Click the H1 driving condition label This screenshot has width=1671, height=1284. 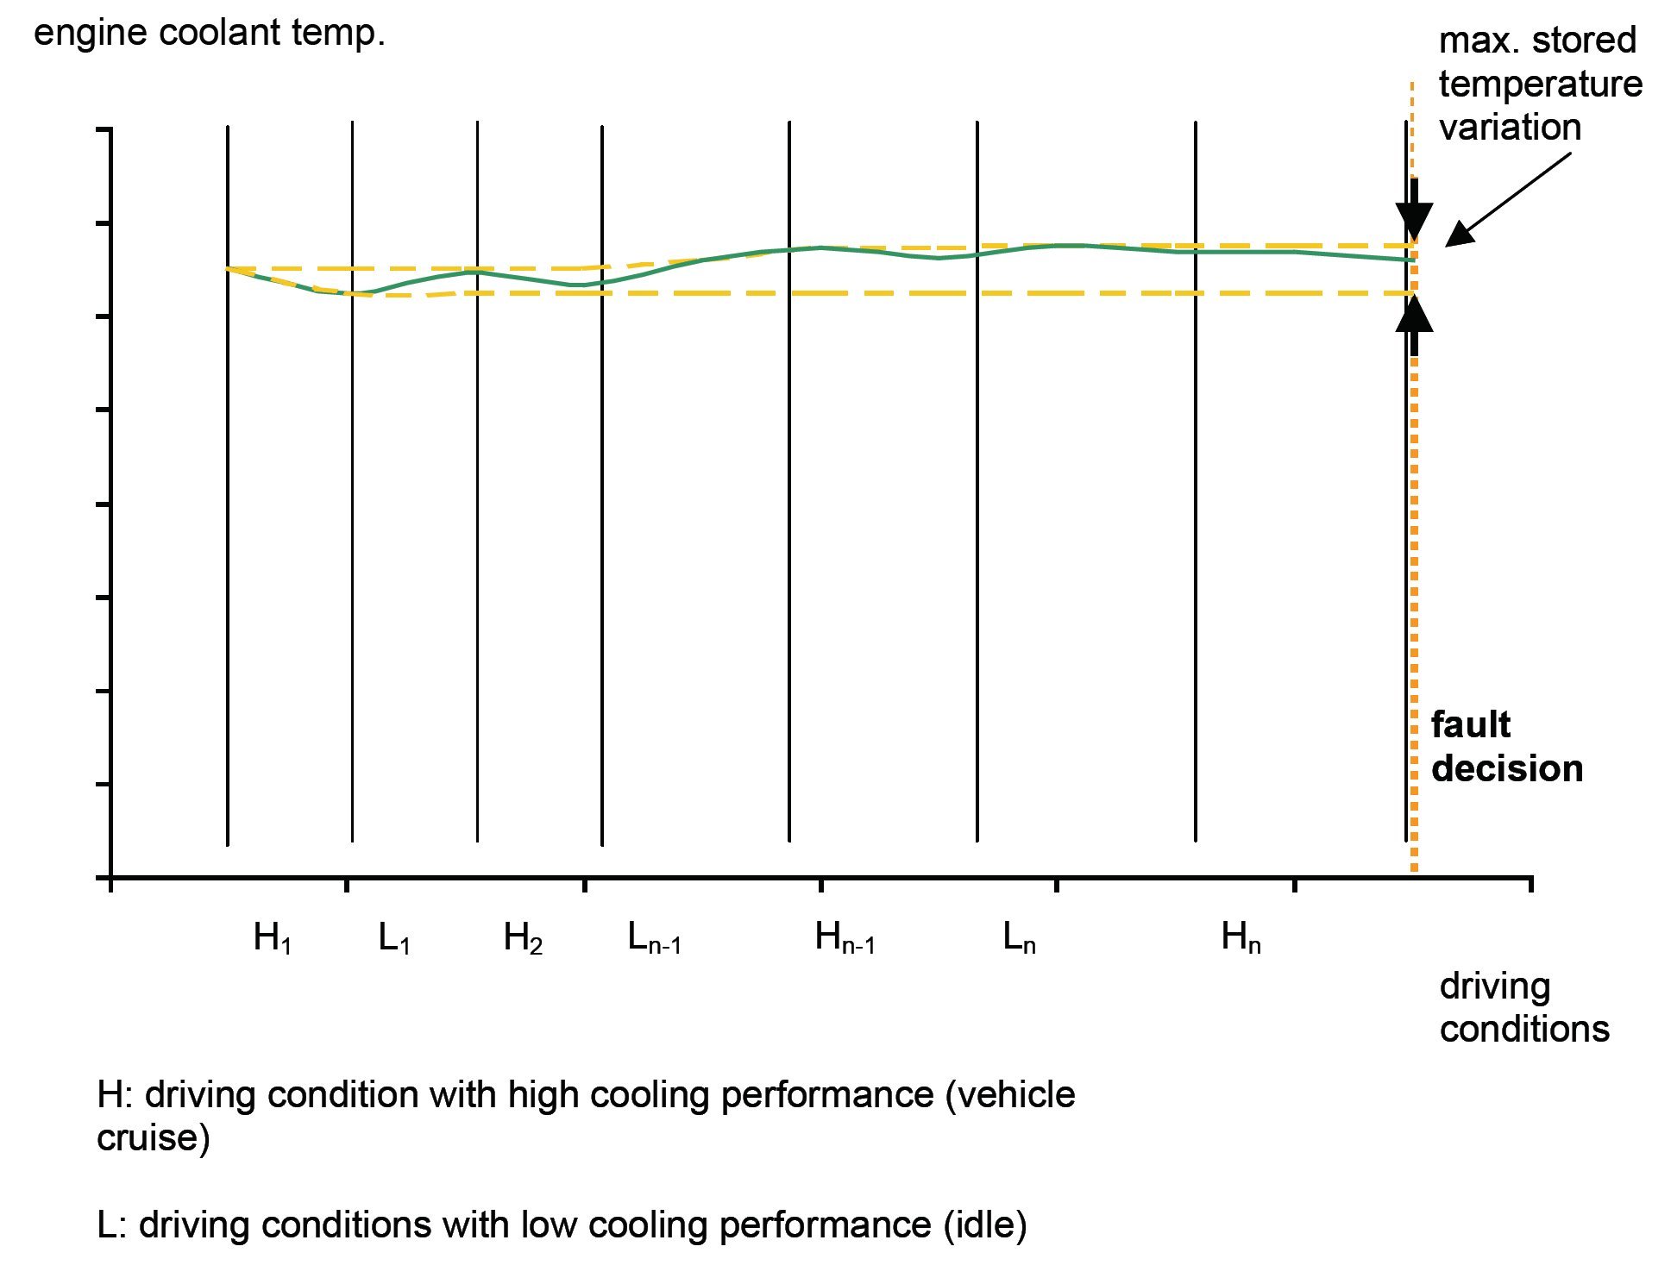click(273, 937)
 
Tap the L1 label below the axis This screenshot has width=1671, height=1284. click(394, 937)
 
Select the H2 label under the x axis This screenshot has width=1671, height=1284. click(523, 937)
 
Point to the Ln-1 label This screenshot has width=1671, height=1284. click(654, 937)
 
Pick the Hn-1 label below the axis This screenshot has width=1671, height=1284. click(845, 937)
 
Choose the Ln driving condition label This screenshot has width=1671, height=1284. click(1019, 937)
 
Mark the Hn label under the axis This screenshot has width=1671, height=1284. click(1241, 937)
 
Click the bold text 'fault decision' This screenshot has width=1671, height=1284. click(1506, 747)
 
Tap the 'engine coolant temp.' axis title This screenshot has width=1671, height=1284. click(209, 34)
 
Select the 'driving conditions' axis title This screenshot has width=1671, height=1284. click(1523, 1007)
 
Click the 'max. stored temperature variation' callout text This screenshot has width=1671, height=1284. click(1540, 84)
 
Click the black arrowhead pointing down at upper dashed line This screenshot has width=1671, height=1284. click(1414, 221)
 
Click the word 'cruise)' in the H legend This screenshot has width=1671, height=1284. click(153, 1138)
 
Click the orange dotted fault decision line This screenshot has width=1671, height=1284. click(1414, 561)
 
